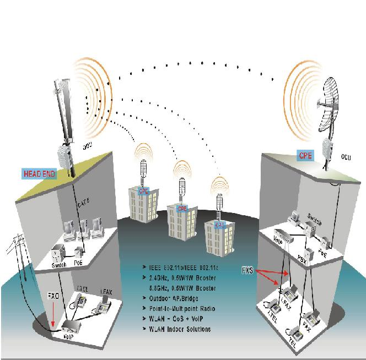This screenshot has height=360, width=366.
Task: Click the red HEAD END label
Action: (39, 173)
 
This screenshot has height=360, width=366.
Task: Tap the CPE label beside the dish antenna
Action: (305, 155)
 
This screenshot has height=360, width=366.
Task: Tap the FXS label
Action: (249, 271)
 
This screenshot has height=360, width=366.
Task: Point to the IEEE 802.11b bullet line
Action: (184, 268)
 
